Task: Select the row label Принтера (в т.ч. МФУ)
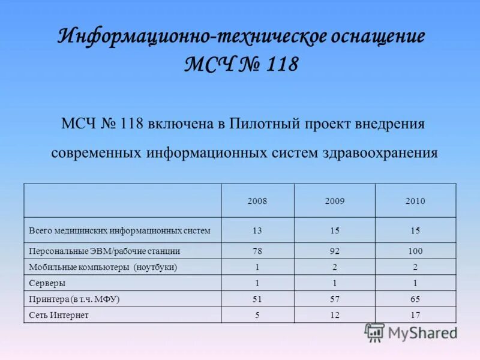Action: [74, 299]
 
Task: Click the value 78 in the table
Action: [257, 251]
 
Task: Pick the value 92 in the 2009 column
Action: [335, 251]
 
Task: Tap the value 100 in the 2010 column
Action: [415, 251]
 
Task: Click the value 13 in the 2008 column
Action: [257, 230]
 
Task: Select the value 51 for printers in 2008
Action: [257, 299]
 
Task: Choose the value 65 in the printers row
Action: [415, 299]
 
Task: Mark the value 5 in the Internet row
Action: [257, 315]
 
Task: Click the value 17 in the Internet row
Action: [415, 315]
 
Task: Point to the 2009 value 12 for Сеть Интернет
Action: [335, 315]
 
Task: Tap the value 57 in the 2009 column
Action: [335, 299]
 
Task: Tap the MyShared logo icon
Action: [374, 332]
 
